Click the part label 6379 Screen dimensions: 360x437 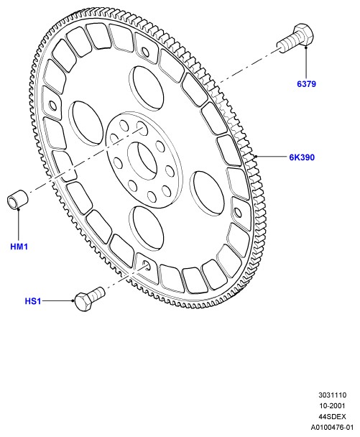[x=306, y=84]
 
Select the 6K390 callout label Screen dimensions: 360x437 [x=302, y=157]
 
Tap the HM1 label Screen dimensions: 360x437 [x=19, y=247]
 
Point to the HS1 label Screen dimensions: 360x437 [x=33, y=301]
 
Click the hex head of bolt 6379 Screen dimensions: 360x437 [x=304, y=34]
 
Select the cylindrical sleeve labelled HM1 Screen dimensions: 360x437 [x=17, y=199]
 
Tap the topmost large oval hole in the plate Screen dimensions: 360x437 [x=147, y=85]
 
